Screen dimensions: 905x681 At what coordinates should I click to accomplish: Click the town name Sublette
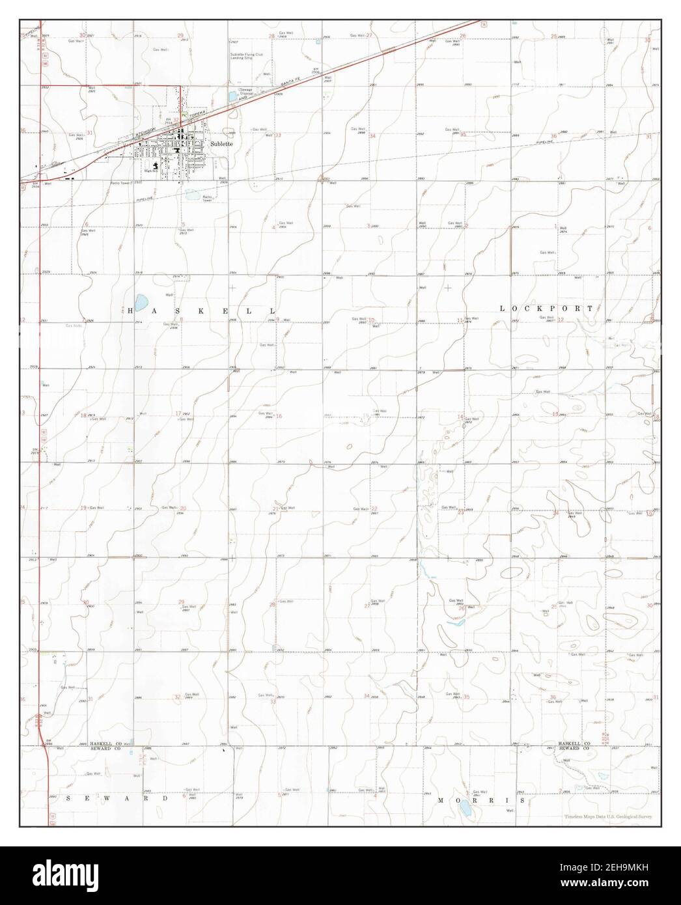tap(222, 143)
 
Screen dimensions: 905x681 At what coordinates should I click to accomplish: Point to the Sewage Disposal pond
tap(233, 96)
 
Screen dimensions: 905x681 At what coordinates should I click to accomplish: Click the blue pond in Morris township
tap(466, 809)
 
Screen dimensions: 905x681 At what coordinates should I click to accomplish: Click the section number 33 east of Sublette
tap(278, 135)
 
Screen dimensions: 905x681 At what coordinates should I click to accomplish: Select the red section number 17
tap(178, 413)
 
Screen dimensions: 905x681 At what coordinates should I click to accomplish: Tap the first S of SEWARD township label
tap(68, 798)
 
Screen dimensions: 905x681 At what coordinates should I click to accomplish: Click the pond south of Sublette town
tap(193, 194)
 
